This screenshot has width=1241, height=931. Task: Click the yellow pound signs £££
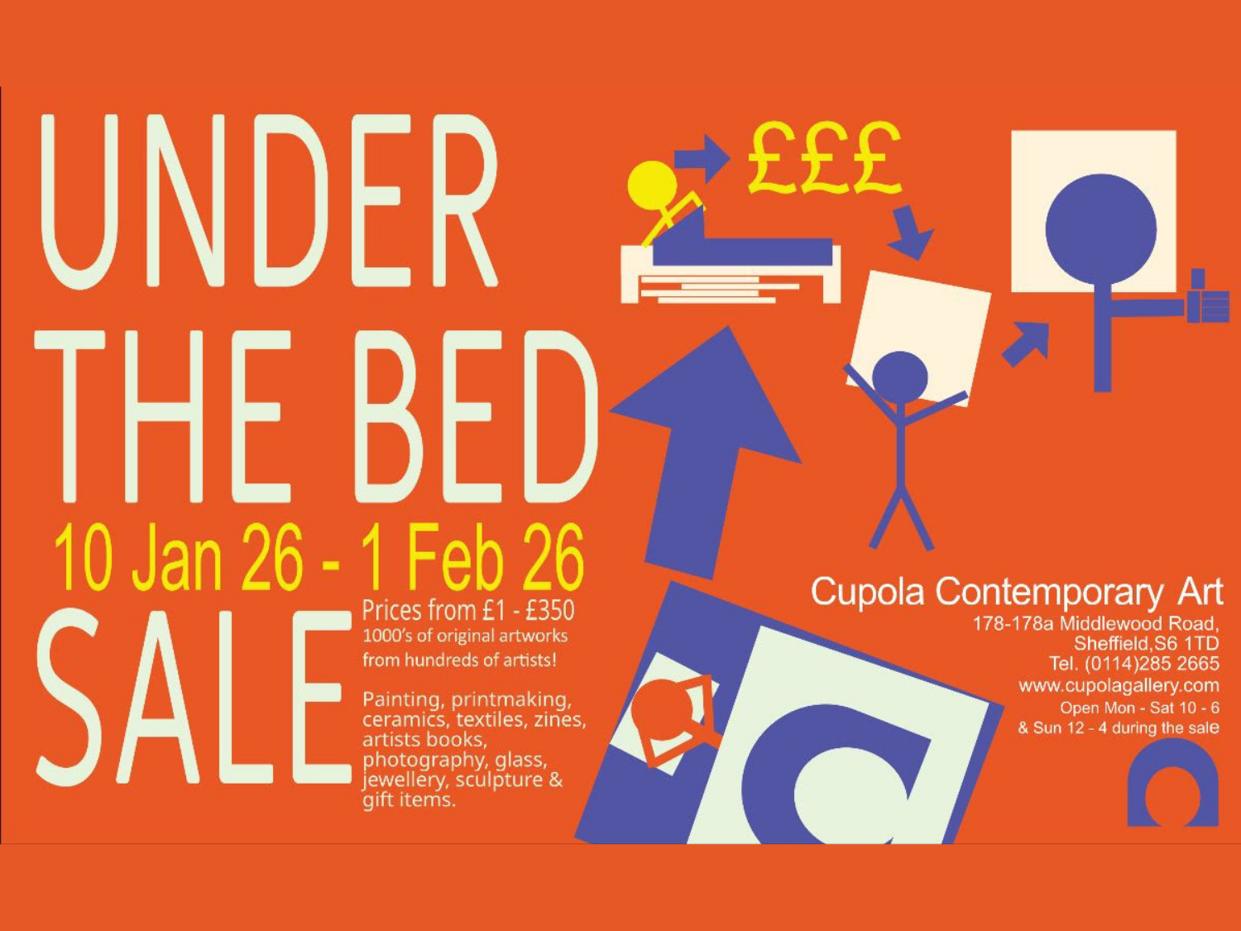coord(822,159)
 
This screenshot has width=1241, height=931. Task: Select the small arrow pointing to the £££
coord(702,157)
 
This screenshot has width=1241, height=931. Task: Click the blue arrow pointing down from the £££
coord(910,232)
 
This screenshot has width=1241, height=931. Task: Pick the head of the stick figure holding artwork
coord(900,377)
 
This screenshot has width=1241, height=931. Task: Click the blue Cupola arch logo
coord(1172,785)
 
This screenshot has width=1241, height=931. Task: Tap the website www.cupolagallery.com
coord(1119,685)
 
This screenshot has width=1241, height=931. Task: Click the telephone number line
coord(1133,664)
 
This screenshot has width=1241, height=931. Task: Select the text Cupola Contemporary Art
coord(1016,593)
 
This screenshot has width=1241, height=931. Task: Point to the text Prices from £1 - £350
coord(468,611)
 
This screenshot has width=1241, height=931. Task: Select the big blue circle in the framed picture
coord(1100,229)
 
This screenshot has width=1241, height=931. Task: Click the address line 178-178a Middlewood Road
coord(1095,623)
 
